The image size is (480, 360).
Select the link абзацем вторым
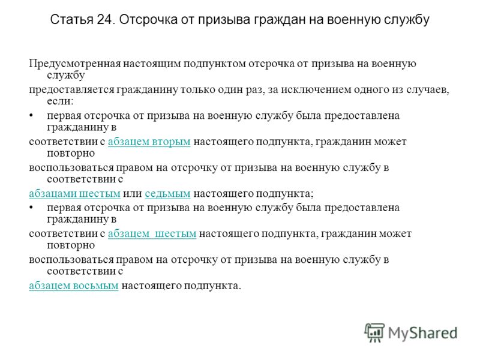click(x=149, y=142)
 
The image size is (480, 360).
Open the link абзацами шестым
click(x=74, y=194)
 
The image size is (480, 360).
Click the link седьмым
click(x=167, y=194)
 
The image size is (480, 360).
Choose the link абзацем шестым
click(x=152, y=234)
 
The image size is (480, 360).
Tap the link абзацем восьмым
click(x=74, y=286)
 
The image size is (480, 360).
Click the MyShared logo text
click(x=423, y=334)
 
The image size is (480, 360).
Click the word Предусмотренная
click(x=74, y=64)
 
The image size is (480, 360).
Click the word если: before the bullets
click(x=61, y=101)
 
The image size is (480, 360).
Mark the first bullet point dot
click(x=31, y=116)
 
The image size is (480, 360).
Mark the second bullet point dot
click(x=31, y=208)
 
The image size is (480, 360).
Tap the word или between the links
click(x=133, y=194)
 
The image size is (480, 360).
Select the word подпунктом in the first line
click(x=215, y=64)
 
